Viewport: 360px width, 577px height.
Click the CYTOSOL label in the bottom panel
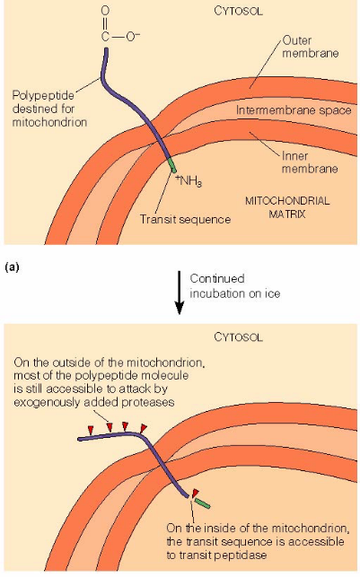(237, 338)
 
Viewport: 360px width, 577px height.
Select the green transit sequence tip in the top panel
(171, 165)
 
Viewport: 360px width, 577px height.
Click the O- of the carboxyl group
(133, 38)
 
